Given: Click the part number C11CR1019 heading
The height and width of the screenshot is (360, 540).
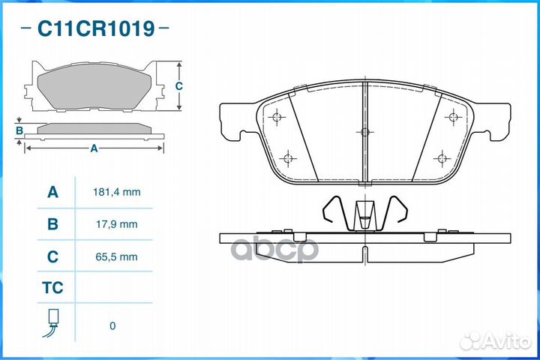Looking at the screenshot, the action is [96, 28].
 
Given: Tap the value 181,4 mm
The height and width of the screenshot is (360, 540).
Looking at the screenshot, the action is [117, 192].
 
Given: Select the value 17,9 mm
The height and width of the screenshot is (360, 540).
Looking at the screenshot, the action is [117, 224].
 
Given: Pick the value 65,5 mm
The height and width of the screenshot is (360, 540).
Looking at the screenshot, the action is [117, 256].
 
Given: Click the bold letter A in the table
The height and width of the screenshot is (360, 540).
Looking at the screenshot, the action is [52, 192].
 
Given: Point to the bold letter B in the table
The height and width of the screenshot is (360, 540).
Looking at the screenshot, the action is [52, 224].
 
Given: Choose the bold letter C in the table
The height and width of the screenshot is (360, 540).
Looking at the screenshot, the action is [52, 256].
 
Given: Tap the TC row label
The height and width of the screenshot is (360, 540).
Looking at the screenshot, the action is [52, 288].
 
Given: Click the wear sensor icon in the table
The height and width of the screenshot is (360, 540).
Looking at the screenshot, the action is [52, 322].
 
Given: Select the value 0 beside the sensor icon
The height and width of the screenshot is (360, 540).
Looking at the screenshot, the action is [112, 325].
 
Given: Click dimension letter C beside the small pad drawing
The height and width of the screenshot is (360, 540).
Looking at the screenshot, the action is [178, 85].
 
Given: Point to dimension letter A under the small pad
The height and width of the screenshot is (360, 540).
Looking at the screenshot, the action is [94, 148].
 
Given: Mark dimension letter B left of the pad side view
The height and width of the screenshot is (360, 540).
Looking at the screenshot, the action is [19, 131].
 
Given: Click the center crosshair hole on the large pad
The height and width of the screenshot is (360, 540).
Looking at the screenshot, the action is [364, 132].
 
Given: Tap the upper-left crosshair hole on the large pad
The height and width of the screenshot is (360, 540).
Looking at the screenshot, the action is [277, 117].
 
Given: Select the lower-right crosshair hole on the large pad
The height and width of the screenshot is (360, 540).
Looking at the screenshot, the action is [442, 158].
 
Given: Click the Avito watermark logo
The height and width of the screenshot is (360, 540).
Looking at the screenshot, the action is [496, 341].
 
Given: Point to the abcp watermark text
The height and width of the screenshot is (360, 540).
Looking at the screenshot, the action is [274, 249].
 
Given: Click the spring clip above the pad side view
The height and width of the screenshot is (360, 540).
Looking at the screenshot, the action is [364, 214].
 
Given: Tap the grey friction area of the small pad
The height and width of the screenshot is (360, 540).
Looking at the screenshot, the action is [94, 86].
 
